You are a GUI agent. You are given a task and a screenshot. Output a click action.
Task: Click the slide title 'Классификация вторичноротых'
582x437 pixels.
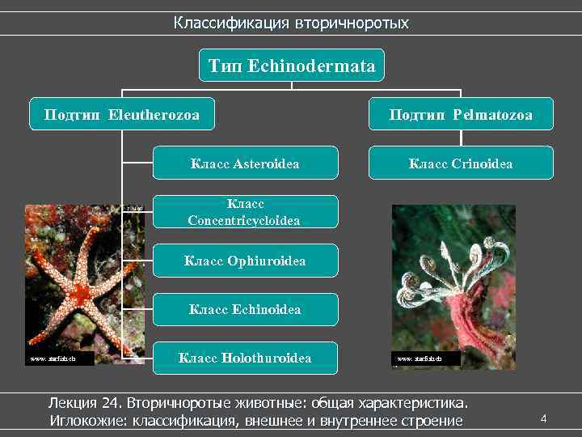pos(291,23)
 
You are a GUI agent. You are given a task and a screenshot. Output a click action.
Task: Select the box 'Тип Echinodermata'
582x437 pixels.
pos(291,66)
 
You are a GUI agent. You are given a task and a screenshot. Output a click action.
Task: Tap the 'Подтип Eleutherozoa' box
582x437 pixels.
pos(121,115)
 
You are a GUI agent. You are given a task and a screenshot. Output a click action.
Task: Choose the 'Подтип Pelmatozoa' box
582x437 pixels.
pos(461,115)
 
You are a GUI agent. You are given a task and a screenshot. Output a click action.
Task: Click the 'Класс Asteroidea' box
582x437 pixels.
pos(245,163)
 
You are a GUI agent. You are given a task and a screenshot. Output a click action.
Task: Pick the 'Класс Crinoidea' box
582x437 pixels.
pos(461,163)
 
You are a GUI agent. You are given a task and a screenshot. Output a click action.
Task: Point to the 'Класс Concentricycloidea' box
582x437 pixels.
pos(245,212)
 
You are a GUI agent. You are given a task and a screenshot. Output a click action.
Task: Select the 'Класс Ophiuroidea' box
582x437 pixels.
pos(245,261)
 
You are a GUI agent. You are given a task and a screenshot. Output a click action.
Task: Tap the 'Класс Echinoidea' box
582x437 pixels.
pos(245,309)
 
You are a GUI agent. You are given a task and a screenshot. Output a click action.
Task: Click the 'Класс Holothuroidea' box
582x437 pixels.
pos(245,357)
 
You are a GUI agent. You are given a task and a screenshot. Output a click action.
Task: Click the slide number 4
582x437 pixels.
pos(544,418)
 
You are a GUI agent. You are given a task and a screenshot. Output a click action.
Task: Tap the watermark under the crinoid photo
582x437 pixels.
pos(417,357)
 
